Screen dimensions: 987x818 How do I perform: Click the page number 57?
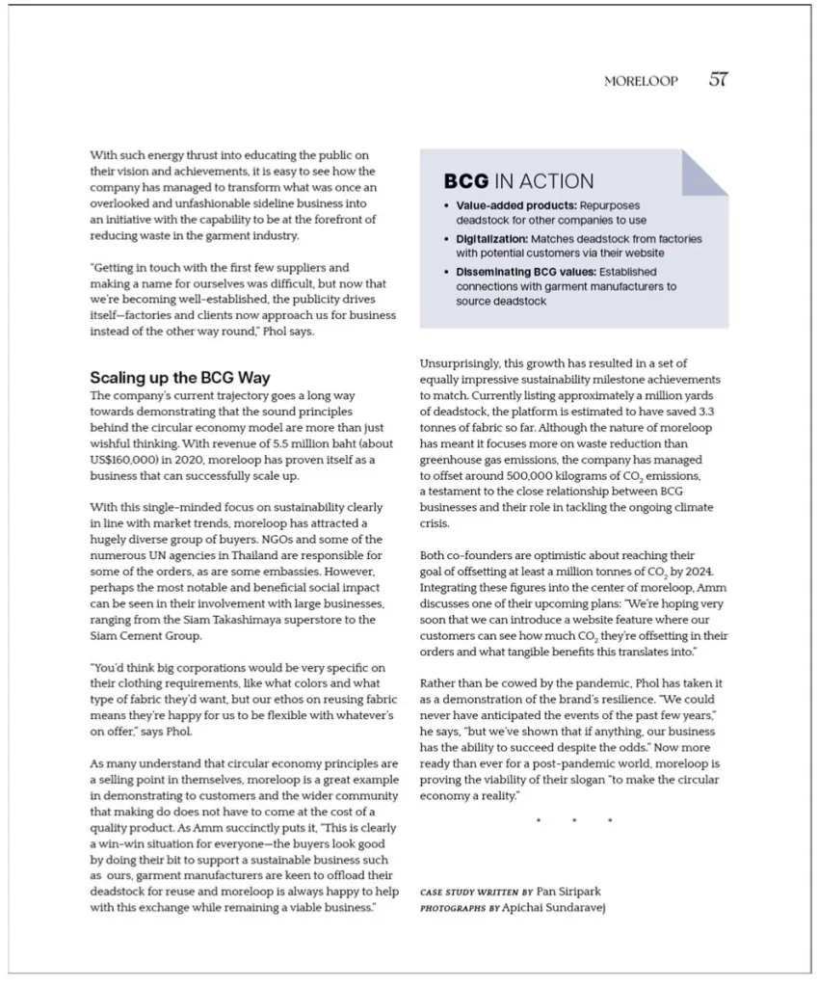[x=718, y=80]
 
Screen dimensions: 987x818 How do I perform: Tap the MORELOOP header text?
[x=641, y=82]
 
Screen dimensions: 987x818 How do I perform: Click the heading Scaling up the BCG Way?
[x=180, y=377]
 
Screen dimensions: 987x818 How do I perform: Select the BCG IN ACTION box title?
[x=518, y=181]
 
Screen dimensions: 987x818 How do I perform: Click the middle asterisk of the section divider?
[x=574, y=821]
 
